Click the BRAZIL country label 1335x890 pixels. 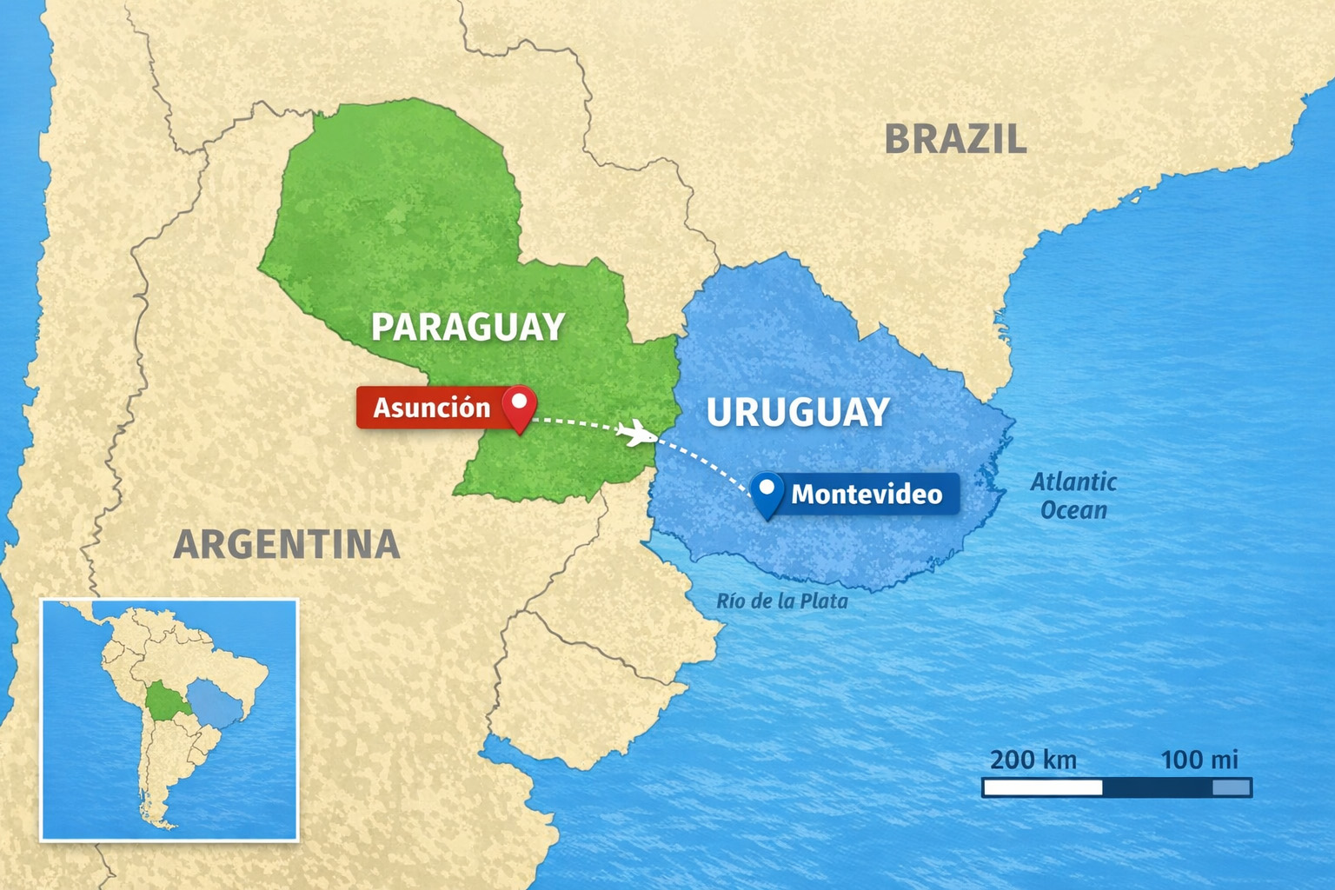tap(955, 139)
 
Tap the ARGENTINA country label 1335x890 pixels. tap(287, 545)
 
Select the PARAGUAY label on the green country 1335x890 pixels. tap(468, 327)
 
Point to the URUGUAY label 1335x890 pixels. tap(798, 412)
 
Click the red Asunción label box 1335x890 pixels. tap(431, 408)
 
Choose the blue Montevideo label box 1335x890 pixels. tap(866, 494)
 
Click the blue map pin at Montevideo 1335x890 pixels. tap(766, 492)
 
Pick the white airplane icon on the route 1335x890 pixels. tap(639, 431)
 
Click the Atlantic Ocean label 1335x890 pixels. tap(1073, 495)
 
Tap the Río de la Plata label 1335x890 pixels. tap(781, 601)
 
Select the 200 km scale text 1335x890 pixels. tap(1033, 760)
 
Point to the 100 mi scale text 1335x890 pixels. tap(1199, 760)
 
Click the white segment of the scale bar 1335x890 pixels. tap(1043, 787)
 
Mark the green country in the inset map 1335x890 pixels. tap(162, 700)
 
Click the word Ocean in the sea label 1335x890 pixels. tap(1073, 510)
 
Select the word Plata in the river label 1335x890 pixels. tap(823, 601)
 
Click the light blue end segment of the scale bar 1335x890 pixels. tap(1232, 787)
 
